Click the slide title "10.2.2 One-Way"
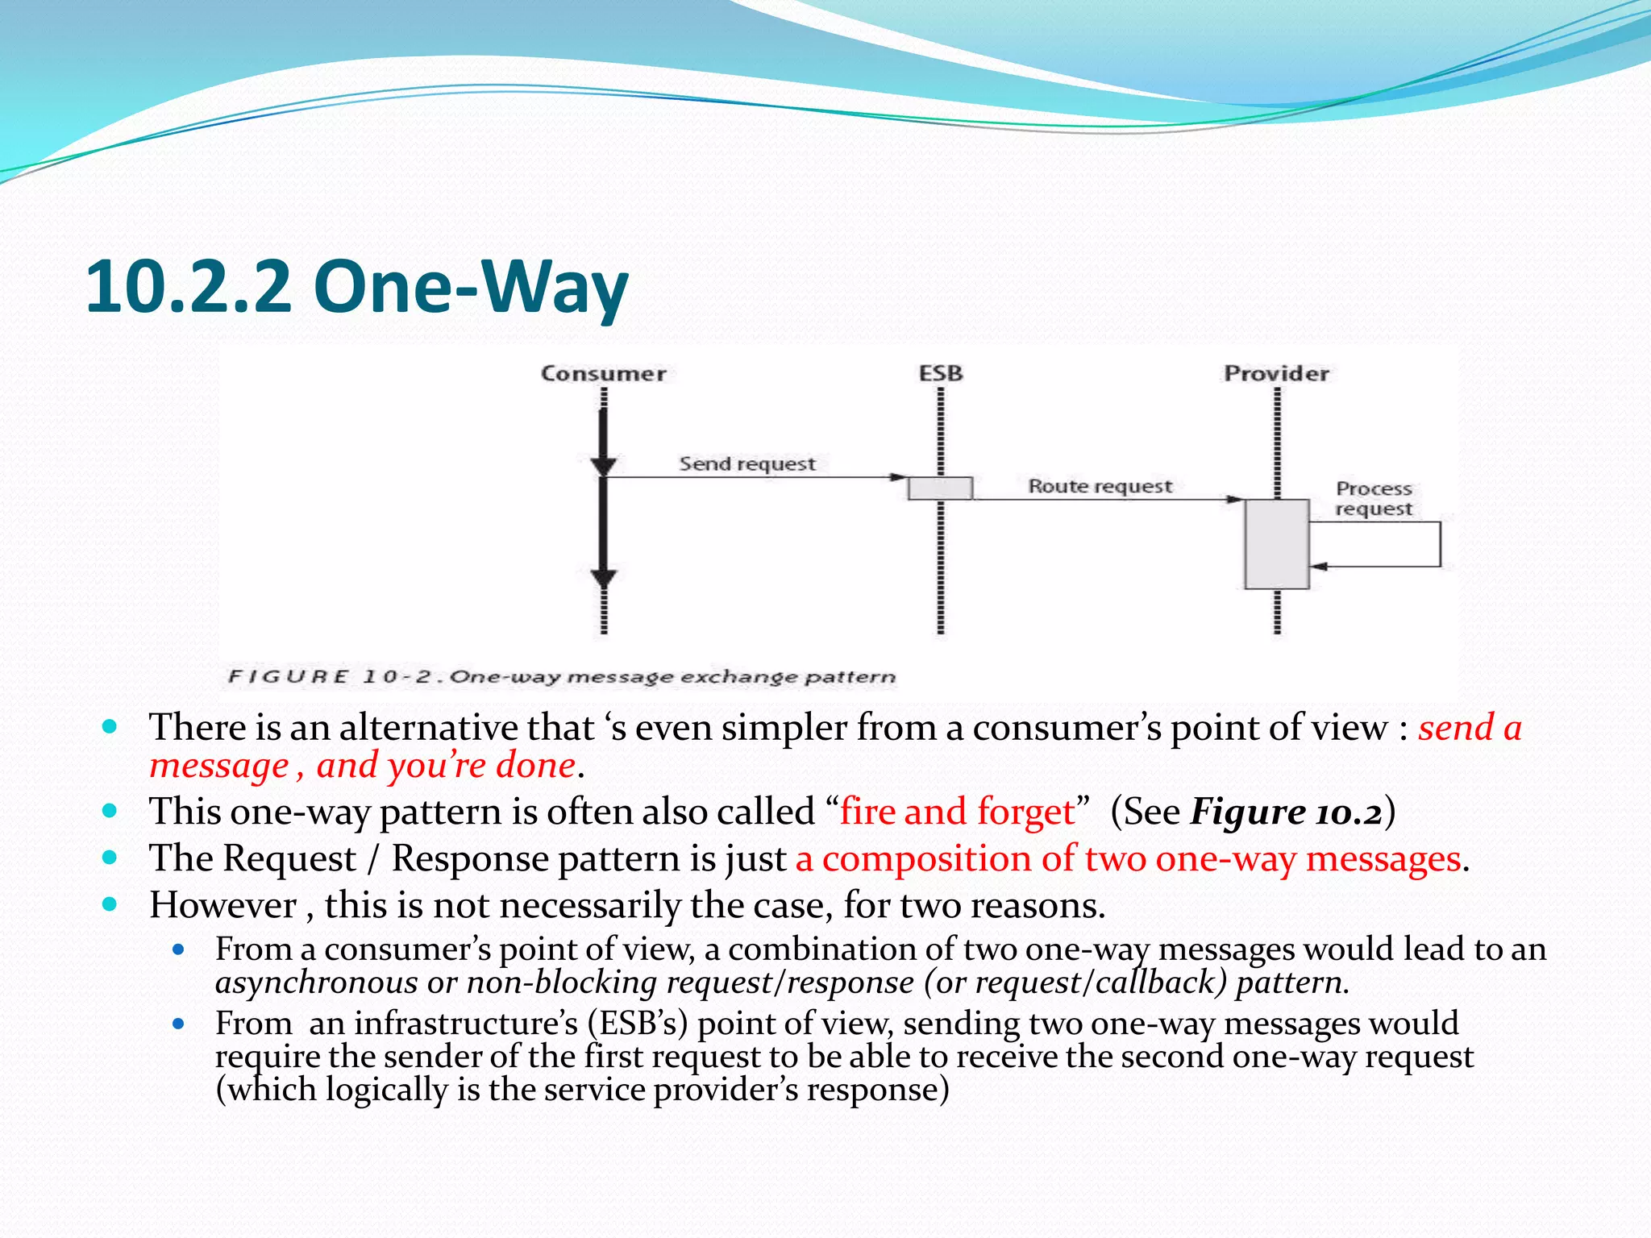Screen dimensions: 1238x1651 pyautogui.click(x=356, y=287)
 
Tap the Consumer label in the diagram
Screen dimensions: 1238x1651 pyautogui.click(x=603, y=374)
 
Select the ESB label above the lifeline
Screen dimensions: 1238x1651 pyautogui.click(x=941, y=374)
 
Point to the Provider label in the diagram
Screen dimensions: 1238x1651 pyautogui.click(x=1276, y=374)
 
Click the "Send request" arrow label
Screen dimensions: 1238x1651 pyautogui.click(x=747, y=464)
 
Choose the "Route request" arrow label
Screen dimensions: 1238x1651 pyautogui.click(x=1100, y=487)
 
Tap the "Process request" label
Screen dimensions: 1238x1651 pyautogui.click(x=1374, y=499)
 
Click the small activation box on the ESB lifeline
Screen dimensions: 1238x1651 pyautogui.click(x=940, y=488)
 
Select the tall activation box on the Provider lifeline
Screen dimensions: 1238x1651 pyautogui.click(x=1276, y=544)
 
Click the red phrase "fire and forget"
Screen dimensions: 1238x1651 pyautogui.click(x=958, y=812)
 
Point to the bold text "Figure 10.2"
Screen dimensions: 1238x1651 pyautogui.click(x=1287, y=812)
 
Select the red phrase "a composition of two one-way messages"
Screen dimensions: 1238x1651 pyautogui.click(x=1128, y=859)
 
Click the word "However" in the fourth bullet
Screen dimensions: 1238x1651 pyautogui.click(x=223, y=906)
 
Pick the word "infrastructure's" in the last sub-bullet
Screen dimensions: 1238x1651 pyautogui.click(x=466, y=1024)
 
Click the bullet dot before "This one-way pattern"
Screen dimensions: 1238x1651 pyautogui.click(x=110, y=811)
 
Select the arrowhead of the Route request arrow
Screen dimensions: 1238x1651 pyautogui.click(x=1235, y=500)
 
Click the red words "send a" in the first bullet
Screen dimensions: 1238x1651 pyautogui.click(x=1470, y=728)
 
